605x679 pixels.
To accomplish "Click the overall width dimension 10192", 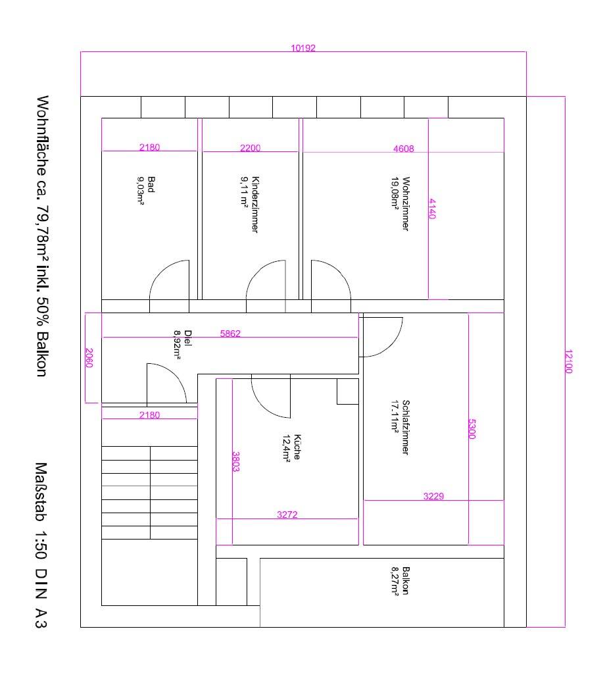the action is coord(303,47).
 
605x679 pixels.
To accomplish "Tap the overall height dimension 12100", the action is coord(569,361).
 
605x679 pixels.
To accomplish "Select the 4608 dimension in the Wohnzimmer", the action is coord(404,149).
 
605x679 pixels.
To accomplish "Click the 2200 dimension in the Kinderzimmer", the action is coord(250,148).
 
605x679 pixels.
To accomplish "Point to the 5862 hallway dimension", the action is coord(230,334).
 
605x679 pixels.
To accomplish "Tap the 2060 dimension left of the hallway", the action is coord(89,358).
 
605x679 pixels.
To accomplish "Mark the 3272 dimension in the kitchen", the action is coord(287,515).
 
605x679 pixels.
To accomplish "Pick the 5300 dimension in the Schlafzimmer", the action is coord(472,429).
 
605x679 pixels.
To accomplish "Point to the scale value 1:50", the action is coord(41,545).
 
